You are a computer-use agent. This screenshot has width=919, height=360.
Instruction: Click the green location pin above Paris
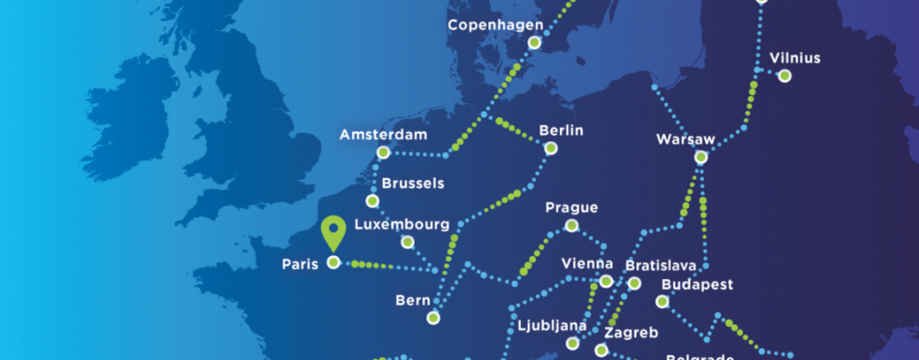point(333,230)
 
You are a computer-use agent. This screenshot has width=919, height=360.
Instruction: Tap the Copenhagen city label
point(495,26)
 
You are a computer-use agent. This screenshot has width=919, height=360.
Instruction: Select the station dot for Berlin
point(551,149)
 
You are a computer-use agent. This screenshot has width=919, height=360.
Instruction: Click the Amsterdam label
point(383,135)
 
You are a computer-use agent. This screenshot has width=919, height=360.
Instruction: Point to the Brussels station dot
point(373,201)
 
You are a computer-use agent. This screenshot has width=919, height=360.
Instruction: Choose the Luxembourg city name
point(402,225)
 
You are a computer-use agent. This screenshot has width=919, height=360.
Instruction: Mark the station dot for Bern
point(433,317)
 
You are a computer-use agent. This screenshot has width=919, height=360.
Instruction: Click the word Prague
point(572,208)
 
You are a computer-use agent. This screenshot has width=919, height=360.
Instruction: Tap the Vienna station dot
point(606,281)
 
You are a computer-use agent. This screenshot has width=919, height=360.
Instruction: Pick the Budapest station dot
point(662,301)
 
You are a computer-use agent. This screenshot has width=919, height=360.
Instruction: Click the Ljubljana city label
point(552,326)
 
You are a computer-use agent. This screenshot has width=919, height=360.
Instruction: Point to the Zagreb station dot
point(601,350)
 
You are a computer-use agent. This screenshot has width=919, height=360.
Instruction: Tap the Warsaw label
point(686,139)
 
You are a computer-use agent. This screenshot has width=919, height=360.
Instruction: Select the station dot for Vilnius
point(785,76)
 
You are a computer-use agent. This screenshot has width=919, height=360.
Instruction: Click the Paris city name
point(300,264)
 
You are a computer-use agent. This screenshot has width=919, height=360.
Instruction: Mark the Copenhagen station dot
point(535,43)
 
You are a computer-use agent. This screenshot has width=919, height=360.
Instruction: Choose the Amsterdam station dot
point(383,153)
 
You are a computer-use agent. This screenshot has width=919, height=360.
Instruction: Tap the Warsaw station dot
point(701,156)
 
